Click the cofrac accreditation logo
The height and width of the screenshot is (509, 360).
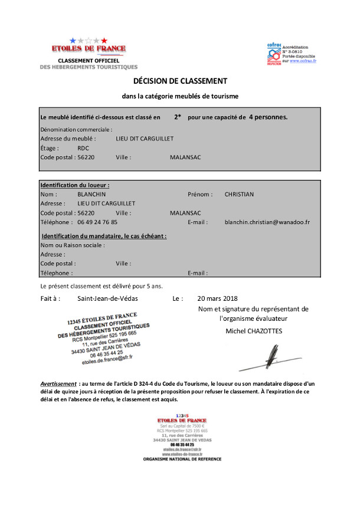pos(274,54)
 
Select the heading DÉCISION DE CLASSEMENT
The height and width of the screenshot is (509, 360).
pos(180,80)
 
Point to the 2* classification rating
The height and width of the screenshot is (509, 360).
pos(178,117)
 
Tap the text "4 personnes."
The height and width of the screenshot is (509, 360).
pos(269,117)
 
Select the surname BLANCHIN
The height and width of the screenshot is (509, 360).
pos(91,194)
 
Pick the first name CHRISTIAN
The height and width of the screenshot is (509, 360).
pos(239,194)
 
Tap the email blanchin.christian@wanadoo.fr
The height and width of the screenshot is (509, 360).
pos(267,222)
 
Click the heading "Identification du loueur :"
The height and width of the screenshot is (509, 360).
pos(75,185)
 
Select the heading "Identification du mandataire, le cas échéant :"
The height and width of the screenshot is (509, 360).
pos(104,236)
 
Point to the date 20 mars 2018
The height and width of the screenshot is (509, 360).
pos(218,298)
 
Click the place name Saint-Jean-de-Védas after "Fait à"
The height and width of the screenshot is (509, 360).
pos(110,298)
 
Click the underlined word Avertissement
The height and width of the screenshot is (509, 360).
pos(58,383)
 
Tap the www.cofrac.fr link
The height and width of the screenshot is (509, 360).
pos(303,61)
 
